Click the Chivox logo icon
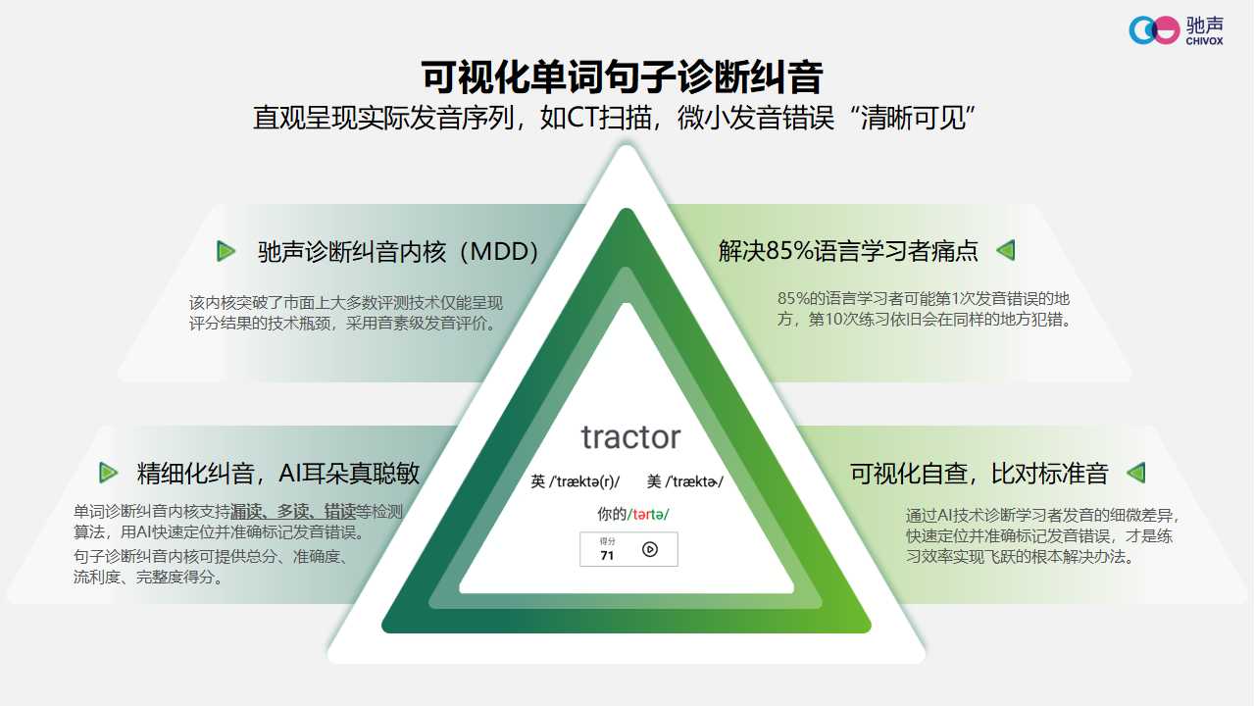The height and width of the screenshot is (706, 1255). [x=1154, y=29]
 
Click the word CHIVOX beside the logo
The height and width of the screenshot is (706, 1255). [x=1205, y=41]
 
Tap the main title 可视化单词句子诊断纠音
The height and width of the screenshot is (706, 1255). [x=623, y=76]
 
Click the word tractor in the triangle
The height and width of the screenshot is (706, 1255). [x=630, y=437]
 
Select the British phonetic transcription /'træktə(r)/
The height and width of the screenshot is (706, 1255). [x=584, y=481]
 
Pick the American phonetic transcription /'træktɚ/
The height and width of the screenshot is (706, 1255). [x=694, y=481]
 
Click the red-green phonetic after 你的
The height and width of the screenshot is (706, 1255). [x=648, y=514]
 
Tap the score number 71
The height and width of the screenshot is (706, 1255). [x=607, y=556]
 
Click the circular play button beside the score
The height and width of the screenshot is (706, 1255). [x=650, y=550]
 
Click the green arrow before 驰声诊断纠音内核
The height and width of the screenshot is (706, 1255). [x=226, y=251]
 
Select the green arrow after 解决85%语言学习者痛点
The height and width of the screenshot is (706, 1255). [x=1006, y=250]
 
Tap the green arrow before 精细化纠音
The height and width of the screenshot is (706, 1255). [x=108, y=473]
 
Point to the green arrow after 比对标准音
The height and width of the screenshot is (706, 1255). [x=1136, y=473]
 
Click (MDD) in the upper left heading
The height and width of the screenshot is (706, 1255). [x=499, y=252]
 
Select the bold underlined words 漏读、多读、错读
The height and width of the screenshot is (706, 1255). [x=293, y=512]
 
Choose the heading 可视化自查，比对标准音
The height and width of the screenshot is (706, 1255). [x=979, y=474]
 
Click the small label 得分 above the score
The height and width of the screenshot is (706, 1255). [x=607, y=541]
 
